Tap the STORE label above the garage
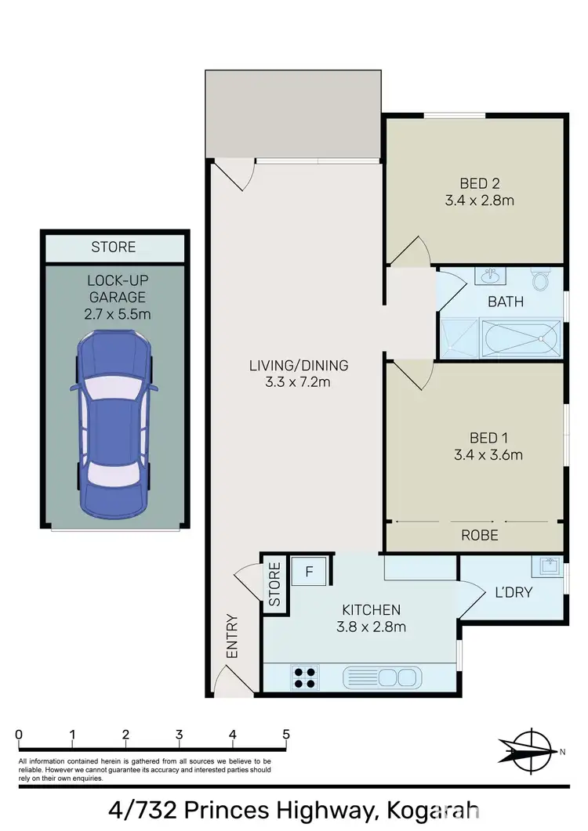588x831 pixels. tap(114, 247)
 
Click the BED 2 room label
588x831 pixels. tap(480, 184)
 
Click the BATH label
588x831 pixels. tap(506, 302)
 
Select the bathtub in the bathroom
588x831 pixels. tap(520, 338)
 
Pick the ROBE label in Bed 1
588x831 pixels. tap(480, 536)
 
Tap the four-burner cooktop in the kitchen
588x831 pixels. tap(304, 676)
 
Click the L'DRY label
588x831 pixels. tap(513, 593)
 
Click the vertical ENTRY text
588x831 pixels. tap(231, 635)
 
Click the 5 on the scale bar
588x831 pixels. tap(286, 735)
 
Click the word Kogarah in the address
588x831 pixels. tap(432, 809)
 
